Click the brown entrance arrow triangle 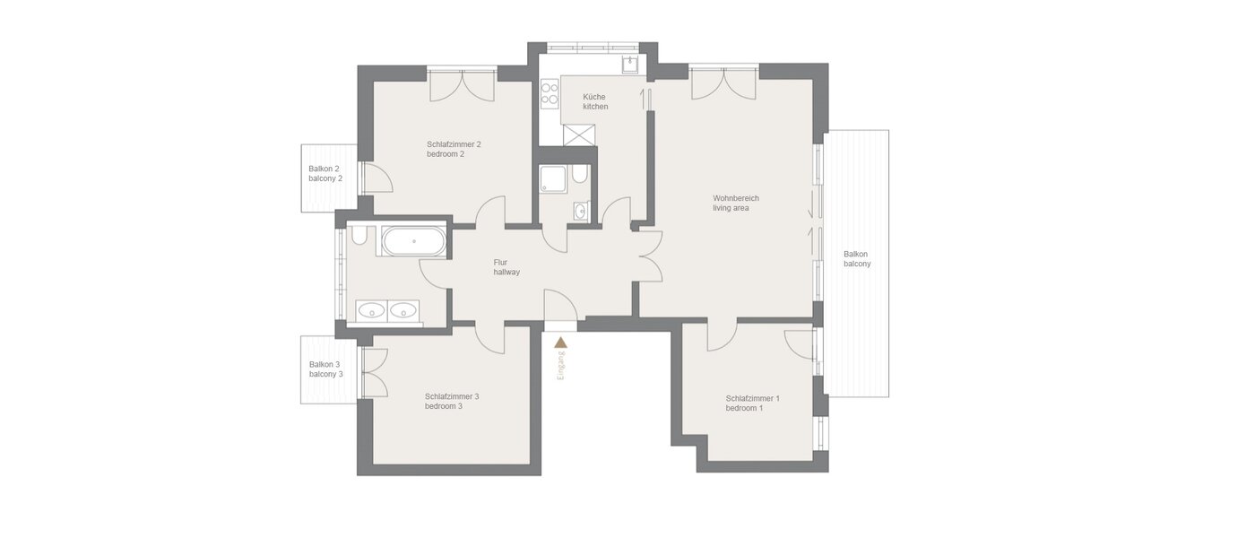point(561,342)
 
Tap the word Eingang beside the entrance point(561,367)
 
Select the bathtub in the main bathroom point(412,241)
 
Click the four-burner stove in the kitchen point(550,94)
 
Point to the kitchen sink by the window point(630,63)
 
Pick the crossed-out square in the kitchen point(579,134)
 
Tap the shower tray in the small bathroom point(553,179)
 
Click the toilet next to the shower point(580,173)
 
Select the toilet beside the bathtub point(359,235)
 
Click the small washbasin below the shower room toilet point(580,212)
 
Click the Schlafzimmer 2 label point(454,149)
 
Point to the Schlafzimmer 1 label point(752,403)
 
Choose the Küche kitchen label point(595,101)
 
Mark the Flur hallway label point(506,267)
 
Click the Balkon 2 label point(325,173)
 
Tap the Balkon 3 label point(325,369)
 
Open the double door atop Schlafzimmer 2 point(462,85)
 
